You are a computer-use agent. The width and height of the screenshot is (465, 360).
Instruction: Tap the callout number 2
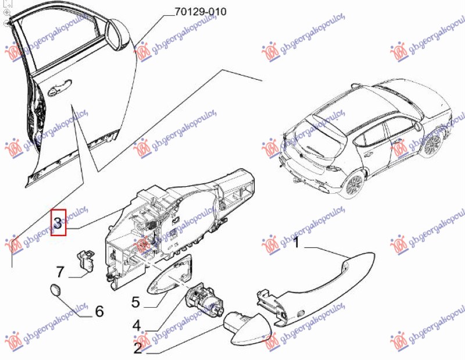pyautogui.click(x=137, y=348)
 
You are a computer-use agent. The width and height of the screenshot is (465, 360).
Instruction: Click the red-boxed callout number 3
pyautogui.click(x=58, y=222)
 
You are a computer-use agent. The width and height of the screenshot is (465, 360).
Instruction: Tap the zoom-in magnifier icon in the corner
pyautogui.click(x=6, y=12)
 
